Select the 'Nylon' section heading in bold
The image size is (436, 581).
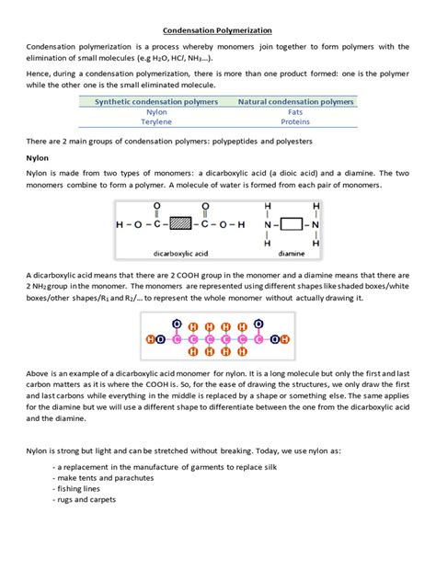click(x=38, y=157)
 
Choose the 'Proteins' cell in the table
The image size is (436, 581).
click(x=295, y=121)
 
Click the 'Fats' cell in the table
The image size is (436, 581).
click(x=295, y=111)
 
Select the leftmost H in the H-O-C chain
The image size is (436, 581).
click(x=120, y=223)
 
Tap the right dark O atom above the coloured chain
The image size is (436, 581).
click(x=258, y=324)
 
